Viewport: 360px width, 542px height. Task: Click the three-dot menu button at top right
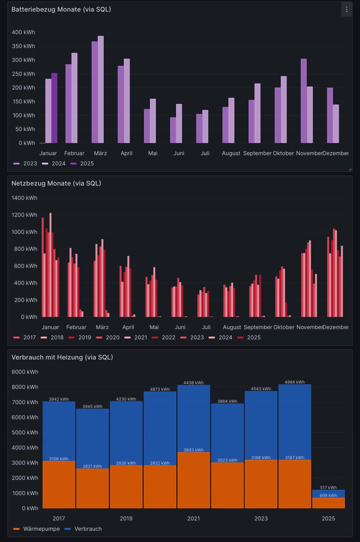tap(346, 9)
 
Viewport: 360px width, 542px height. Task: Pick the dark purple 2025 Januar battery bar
tap(54, 108)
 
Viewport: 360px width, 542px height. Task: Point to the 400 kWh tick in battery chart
tap(23, 33)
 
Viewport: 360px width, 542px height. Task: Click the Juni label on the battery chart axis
tap(179, 154)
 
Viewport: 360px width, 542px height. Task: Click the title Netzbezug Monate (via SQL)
tap(56, 183)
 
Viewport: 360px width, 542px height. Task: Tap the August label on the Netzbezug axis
tap(232, 327)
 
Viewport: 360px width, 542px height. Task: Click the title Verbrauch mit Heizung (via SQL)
tap(62, 357)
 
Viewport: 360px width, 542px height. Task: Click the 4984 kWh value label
tap(295, 382)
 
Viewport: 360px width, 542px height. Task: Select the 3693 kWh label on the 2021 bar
tap(194, 450)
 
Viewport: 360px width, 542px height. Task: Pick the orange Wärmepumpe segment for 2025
tap(328, 503)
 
